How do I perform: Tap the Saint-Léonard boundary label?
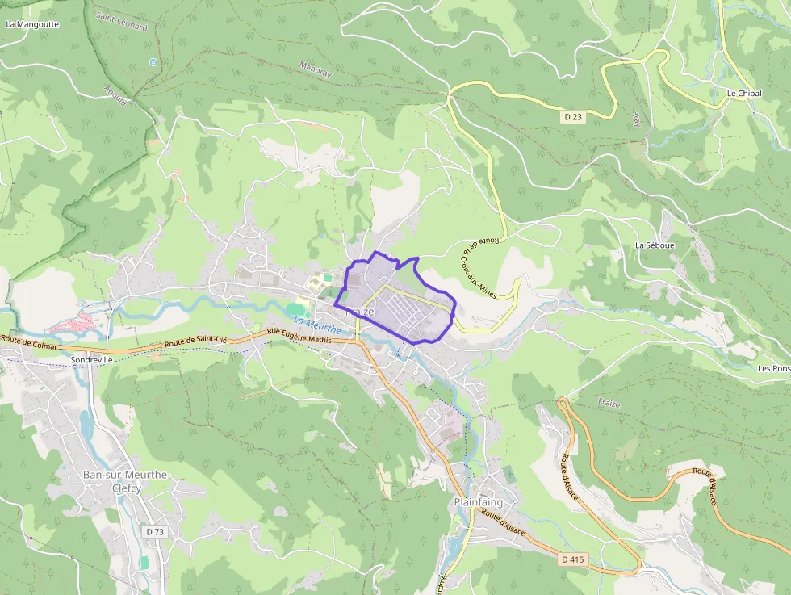click(x=121, y=21)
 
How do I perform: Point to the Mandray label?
click(x=316, y=71)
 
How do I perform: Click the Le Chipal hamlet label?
click(x=743, y=94)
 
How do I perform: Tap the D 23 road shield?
click(x=573, y=117)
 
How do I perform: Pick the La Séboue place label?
click(x=654, y=245)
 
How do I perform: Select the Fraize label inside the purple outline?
click(x=359, y=312)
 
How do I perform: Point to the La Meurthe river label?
click(x=317, y=325)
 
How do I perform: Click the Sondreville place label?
click(x=90, y=359)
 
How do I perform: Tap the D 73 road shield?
click(x=154, y=532)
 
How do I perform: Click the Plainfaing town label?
click(x=479, y=501)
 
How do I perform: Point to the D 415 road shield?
click(x=572, y=559)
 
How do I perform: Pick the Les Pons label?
click(x=774, y=368)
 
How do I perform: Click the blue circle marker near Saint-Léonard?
click(x=153, y=61)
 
